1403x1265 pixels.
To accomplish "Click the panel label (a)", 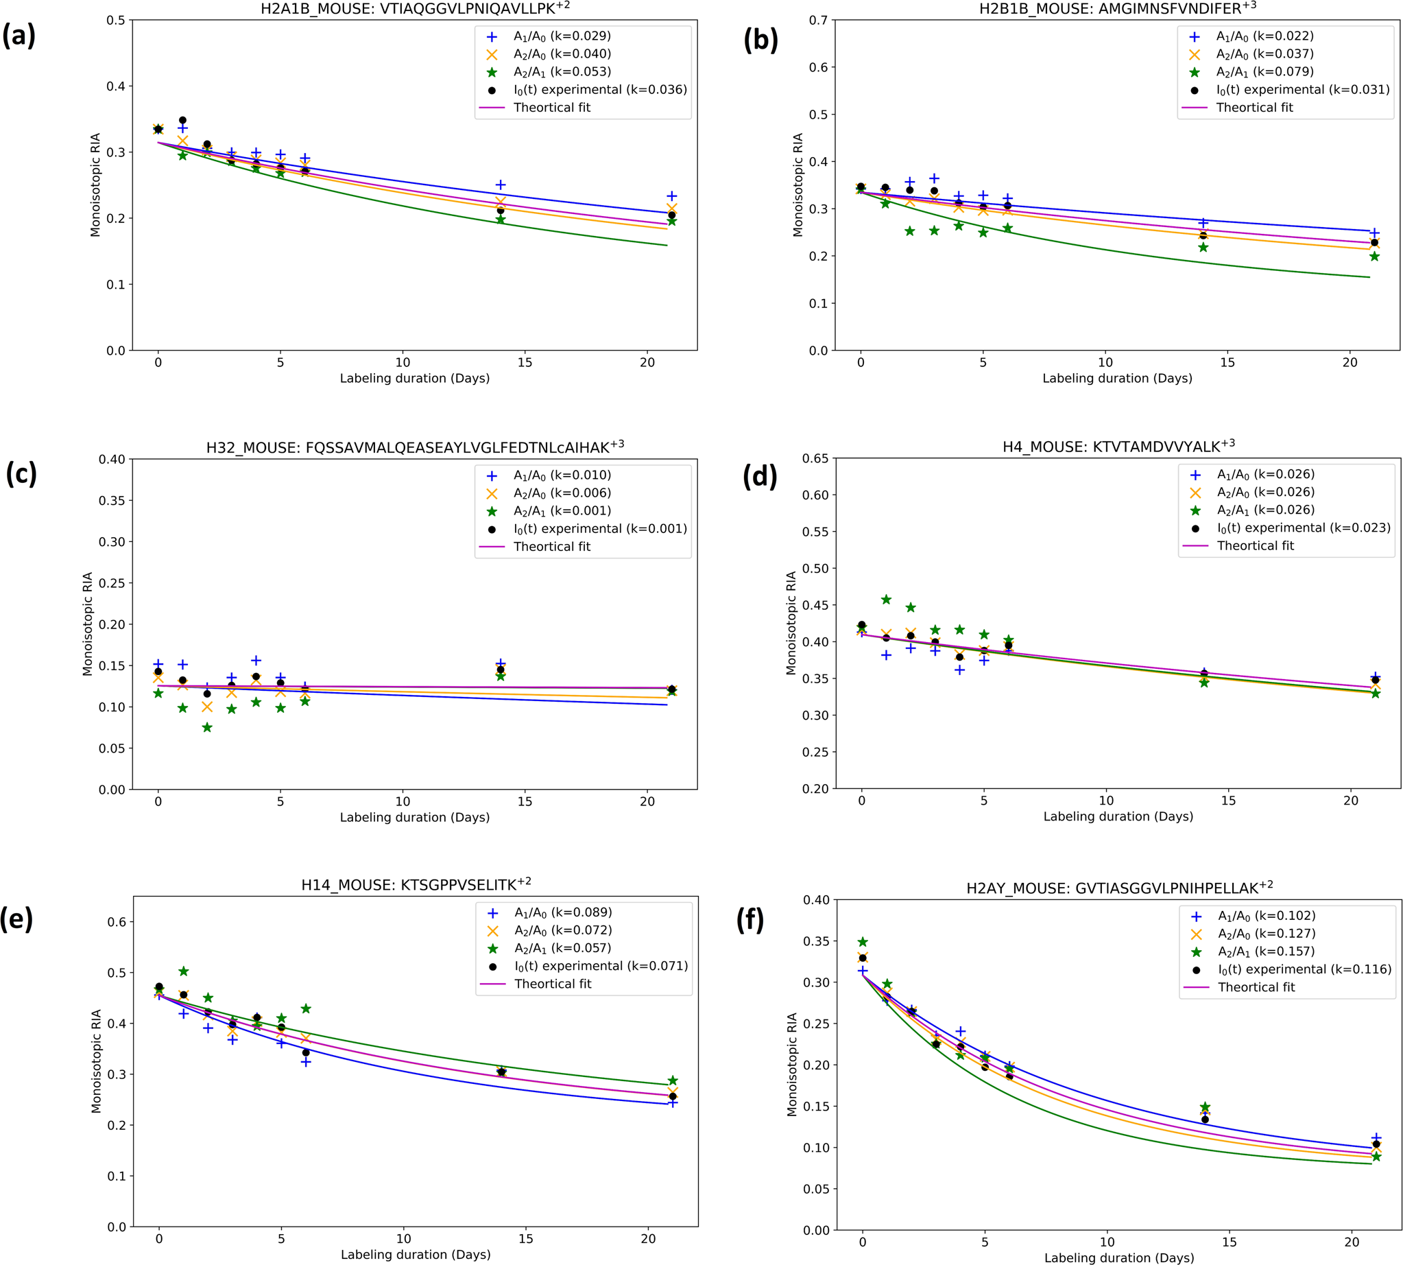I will (19, 36).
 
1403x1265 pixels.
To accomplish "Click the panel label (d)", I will (760, 476).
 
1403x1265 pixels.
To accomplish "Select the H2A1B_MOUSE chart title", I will (415, 9).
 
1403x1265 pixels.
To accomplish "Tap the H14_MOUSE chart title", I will (416, 884).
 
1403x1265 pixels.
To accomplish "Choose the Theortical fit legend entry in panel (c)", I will (552, 546).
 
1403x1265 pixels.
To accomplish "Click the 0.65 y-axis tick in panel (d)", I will (815, 459).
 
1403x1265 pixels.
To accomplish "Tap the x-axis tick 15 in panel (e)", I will (526, 1238).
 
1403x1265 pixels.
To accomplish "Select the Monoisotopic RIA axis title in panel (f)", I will (791, 1065).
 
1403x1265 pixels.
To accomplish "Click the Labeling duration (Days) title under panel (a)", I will (415, 378).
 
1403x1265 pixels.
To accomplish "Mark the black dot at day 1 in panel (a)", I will (183, 120).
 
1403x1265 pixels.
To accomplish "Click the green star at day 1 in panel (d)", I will (886, 599).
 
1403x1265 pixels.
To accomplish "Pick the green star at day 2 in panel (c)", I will (207, 727).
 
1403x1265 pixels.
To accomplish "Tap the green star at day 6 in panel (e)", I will (306, 1008).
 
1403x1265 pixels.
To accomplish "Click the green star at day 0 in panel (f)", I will (863, 942).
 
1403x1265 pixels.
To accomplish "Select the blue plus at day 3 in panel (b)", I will (934, 178).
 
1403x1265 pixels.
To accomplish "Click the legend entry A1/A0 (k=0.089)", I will (563, 912).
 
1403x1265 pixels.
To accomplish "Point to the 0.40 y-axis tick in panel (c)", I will (111, 460).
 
